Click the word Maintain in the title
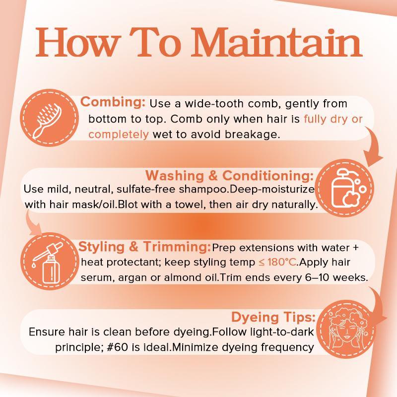[277, 43]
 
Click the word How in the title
[77, 43]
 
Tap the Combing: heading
[113, 102]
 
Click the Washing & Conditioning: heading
[229, 176]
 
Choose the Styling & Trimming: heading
[144, 247]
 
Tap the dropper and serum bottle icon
[49, 263]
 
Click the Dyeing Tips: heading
[273, 317]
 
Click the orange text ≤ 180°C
[277, 263]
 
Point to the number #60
[117, 347]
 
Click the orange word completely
[119, 134]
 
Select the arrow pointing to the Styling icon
[32, 223]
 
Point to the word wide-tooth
[214, 104]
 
